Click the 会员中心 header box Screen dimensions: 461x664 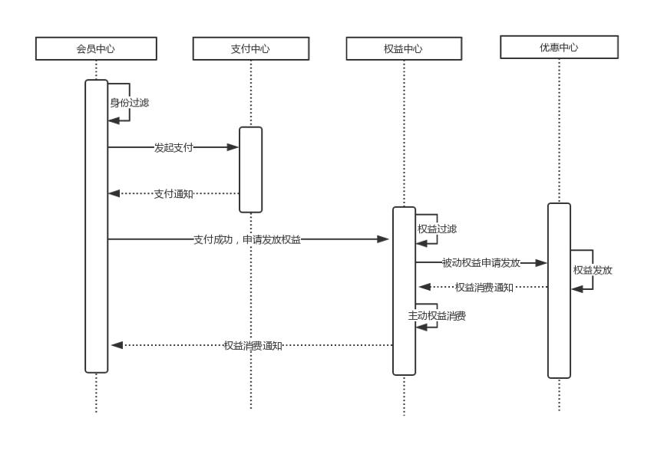tap(96, 49)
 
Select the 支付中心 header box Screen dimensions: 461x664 tap(250, 49)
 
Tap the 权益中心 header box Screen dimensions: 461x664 tap(403, 49)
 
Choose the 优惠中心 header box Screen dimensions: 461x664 tap(559, 48)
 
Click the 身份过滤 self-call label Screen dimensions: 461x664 tap(129, 102)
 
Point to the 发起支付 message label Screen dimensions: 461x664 tap(173, 147)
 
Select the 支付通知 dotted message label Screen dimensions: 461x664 tap(173, 193)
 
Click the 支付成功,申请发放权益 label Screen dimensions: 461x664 tap(247, 239)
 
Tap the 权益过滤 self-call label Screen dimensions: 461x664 tap(437, 229)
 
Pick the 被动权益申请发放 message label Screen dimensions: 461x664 tap(481, 262)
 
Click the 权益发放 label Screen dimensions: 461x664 tap(593, 270)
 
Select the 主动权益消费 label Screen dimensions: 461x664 tap(437, 314)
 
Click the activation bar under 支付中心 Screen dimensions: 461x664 tap(250, 170)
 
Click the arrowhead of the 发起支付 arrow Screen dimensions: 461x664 tap(233, 147)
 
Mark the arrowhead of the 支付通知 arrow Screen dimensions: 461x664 tap(114, 193)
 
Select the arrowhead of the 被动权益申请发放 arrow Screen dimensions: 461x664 tap(541, 262)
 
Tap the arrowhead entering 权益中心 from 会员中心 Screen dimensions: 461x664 tap(385, 239)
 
